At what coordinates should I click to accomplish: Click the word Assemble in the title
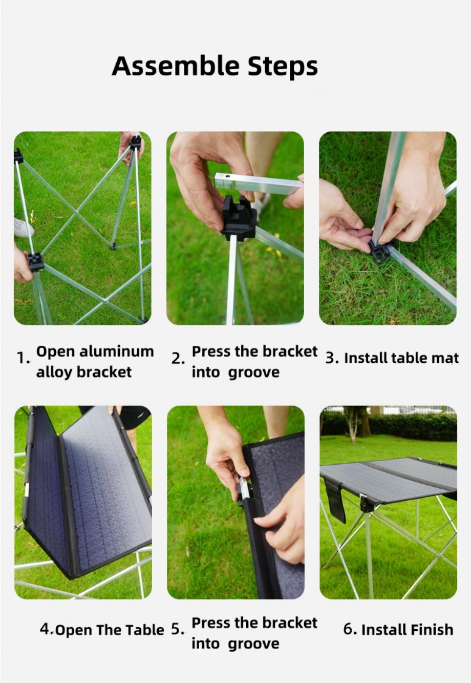176,66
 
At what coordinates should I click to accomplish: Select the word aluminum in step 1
116,351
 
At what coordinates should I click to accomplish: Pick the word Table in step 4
145,630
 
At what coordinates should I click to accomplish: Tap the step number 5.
176,629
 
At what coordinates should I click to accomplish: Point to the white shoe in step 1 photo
23,226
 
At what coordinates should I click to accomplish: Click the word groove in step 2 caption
253,373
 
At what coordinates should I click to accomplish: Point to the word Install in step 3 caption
366,358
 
